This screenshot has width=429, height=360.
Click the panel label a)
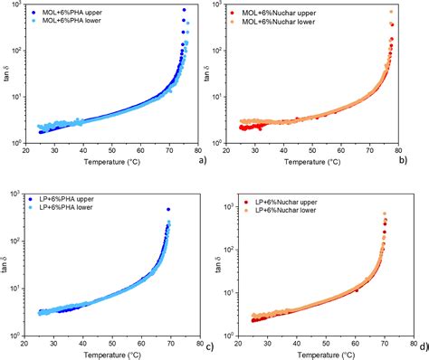pos(202,160)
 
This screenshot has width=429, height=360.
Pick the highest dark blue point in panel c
pos(168,209)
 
